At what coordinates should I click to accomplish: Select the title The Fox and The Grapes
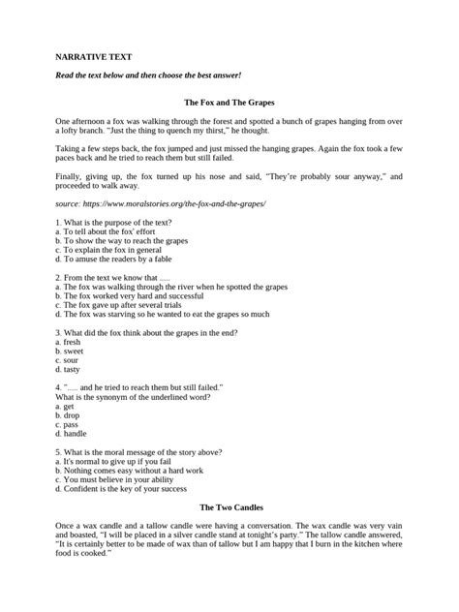229,101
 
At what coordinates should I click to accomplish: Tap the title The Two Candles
229,535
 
